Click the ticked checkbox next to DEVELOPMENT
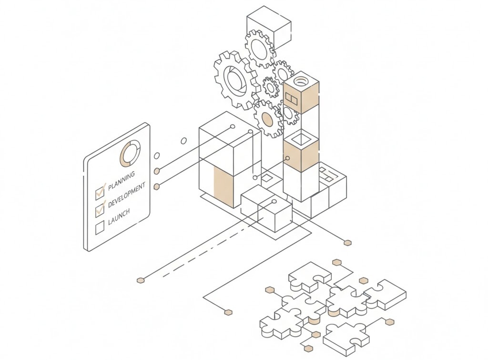pyautogui.click(x=100, y=208)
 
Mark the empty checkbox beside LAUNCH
pyautogui.click(x=100, y=227)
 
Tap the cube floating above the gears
pyautogui.click(x=268, y=27)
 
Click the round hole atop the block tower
pyautogui.click(x=301, y=81)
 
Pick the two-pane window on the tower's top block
pyautogui.click(x=291, y=99)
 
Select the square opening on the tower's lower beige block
pyautogui.click(x=301, y=139)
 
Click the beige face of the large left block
pyautogui.click(x=224, y=186)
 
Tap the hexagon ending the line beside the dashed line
pyautogui.click(x=140, y=280)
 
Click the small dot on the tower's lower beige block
pyautogui.click(x=287, y=158)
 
